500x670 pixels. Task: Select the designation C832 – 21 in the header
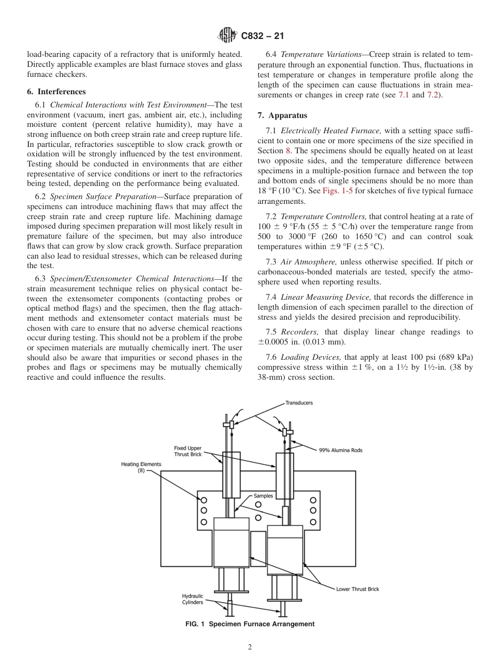coord(262,36)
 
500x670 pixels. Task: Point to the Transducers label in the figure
coord(299,403)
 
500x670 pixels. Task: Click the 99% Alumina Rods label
coord(341,450)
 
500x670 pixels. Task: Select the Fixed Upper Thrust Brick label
coord(188,451)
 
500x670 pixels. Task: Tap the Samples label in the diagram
coord(263,496)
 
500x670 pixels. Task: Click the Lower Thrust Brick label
coord(357,589)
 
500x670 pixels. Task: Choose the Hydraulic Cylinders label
coord(193,599)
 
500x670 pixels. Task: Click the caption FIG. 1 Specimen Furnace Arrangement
coord(250,624)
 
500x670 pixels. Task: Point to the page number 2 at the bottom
coord(250,647)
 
